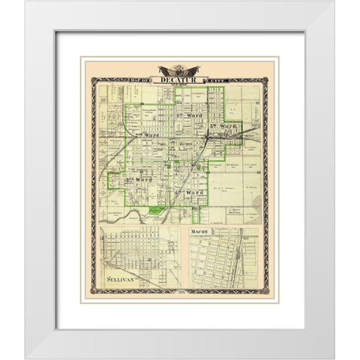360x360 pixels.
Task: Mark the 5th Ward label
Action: point(223,127)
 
